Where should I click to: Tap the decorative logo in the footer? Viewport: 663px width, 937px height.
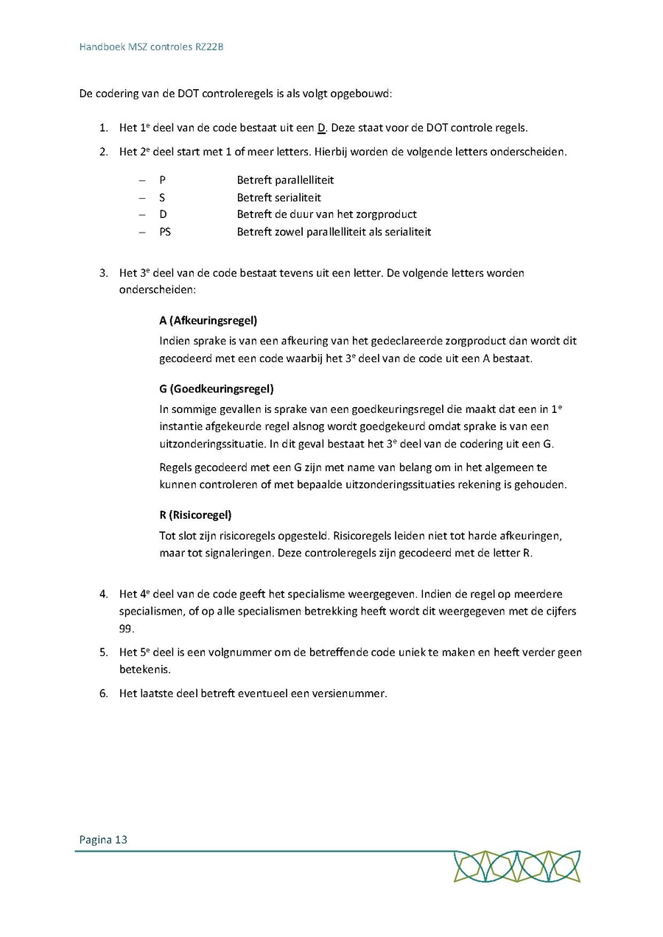click(516, 866)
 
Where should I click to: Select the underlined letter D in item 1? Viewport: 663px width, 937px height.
click(321, 127)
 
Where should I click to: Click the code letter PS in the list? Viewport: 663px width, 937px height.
click(164, 232)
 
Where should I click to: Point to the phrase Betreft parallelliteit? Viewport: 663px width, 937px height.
click(285, 180)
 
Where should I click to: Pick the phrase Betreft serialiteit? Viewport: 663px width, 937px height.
click(278, 198)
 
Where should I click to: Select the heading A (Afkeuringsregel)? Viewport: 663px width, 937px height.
click(208, 321)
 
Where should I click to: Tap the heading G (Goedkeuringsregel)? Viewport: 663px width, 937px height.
click(216, 389)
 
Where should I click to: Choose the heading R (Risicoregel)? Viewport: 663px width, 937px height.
click(195, 515)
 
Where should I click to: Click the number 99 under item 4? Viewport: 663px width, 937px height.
click(126, 628)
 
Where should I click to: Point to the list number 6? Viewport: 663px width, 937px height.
click(103, 693)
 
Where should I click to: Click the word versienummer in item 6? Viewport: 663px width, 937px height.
click(350, 693)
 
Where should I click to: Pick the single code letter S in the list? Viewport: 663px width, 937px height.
click(161, 198)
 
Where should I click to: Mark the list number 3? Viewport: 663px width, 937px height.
click(103, 273)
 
